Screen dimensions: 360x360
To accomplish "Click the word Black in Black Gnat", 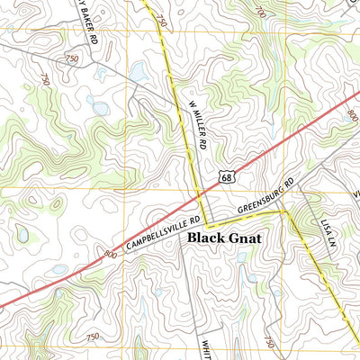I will (x=209, y=240).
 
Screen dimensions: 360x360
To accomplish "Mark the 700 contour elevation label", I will (x=260, y=12).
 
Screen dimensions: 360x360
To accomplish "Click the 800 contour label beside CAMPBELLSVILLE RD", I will (x=110, y=255).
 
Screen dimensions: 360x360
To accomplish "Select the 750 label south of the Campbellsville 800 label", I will (x=92, y=336).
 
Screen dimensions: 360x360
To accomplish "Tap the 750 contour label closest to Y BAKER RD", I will (x=71, y=58).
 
